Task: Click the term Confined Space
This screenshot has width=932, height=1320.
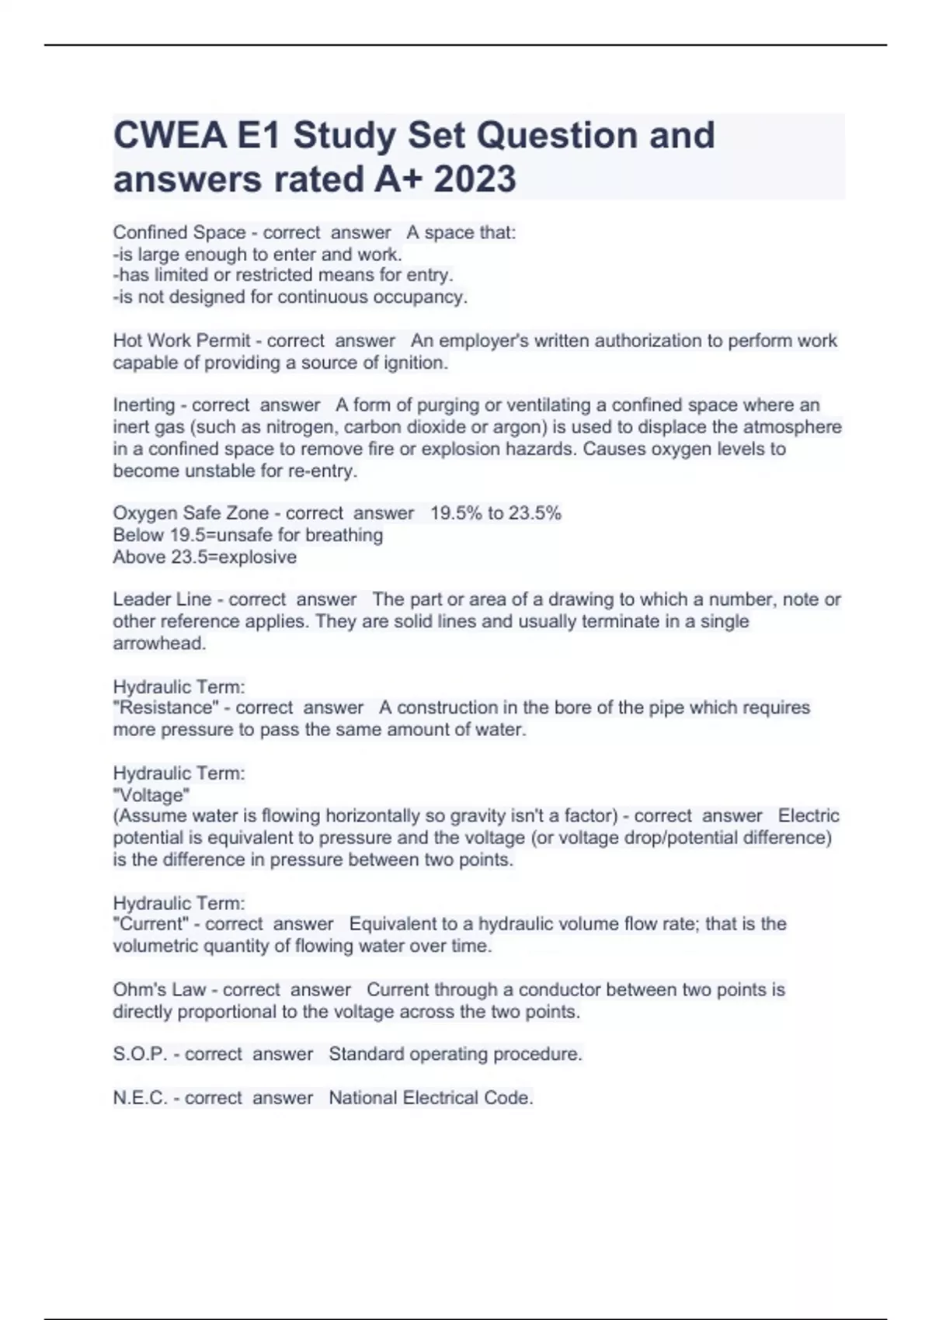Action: click(179, 232)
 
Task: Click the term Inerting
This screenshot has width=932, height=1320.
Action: click(144, 405)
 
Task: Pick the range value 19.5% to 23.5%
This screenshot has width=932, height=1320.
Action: click(496, 513)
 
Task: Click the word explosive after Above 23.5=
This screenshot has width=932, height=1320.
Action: click(258, 558)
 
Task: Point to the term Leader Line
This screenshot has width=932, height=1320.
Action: click(162, 599)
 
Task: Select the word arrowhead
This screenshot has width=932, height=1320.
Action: click(158, 644)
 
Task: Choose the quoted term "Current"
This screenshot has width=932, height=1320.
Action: click(153, 924)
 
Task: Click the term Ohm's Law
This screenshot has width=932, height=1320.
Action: click(160, 990)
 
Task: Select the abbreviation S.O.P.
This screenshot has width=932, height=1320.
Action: click(141, 1054)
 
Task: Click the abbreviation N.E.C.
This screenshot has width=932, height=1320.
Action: click(141, 1098)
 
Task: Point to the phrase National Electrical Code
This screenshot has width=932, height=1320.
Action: click(430, 1098)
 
